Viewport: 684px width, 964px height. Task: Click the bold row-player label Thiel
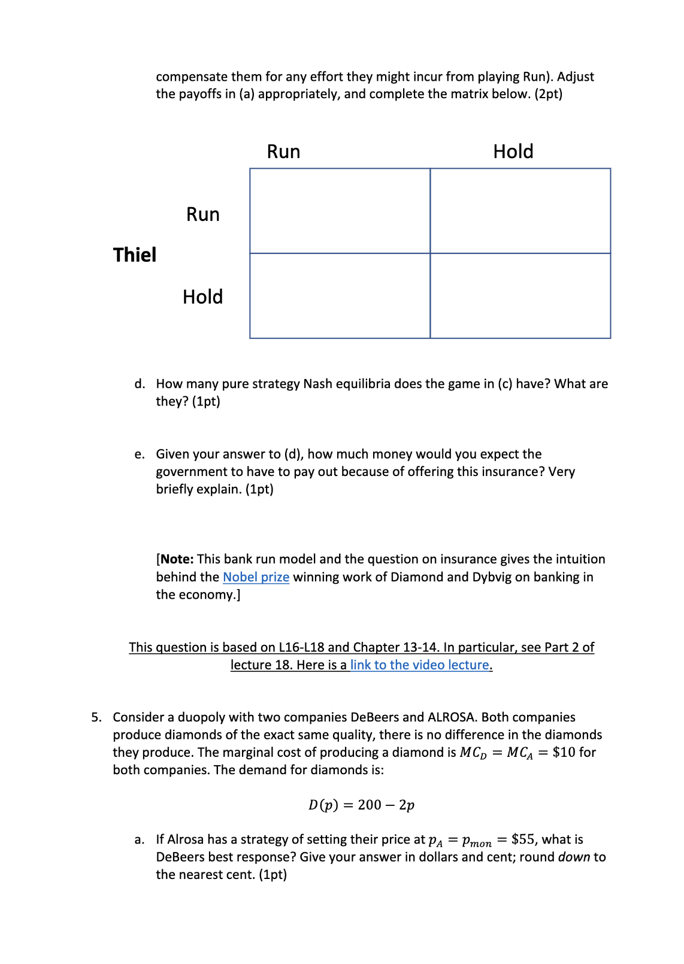(x=135, y=255)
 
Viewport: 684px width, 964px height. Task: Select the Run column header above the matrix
(x=283, y=151)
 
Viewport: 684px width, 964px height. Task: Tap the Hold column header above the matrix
(x=513, y=151)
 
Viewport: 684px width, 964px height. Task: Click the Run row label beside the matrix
(x=202, y=214)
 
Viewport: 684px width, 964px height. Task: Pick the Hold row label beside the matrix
(x=202, y=297)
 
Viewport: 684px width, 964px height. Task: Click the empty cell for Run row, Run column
(x=340, y=211)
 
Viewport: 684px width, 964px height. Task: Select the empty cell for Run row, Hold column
(x=520, y=211)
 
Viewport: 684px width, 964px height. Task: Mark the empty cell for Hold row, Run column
(x=340, y=296)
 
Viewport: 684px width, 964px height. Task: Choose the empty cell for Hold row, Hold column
(x=520, y=296)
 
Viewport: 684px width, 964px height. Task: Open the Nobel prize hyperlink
(x=256, y=577)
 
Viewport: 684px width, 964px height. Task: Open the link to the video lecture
(x=419, y=665)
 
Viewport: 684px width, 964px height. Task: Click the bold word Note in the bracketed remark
(x=177, y=559)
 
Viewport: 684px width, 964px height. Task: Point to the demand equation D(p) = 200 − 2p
(x=361, y=805)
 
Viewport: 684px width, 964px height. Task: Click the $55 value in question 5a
(x=523, y=839)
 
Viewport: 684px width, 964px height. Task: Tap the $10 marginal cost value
(x=564, y=753)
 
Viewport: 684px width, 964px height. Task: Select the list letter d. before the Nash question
(x=140, y=384)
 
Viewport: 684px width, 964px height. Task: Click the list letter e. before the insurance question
(x=140, y=454)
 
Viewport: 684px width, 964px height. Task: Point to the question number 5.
(x=96, y=717)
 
